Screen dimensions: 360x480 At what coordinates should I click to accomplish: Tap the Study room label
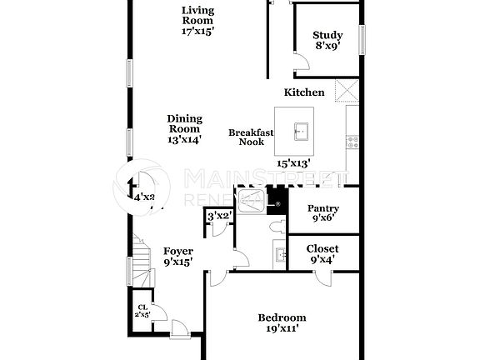tap(327, 41)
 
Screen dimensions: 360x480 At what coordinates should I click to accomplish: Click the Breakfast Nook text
tap(246, 137)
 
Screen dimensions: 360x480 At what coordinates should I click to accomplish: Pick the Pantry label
tap(322, 213)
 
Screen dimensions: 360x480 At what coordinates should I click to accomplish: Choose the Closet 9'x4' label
tap(322, 253)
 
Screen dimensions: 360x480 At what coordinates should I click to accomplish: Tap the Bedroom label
tap(282, 322)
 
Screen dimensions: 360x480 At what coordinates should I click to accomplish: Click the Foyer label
tap(177, 256)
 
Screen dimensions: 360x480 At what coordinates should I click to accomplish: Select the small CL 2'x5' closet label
tap(142, 312)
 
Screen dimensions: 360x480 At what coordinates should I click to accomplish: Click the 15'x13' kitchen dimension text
tap(294, 163)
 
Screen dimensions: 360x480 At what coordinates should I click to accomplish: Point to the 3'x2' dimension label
tap(218, 216)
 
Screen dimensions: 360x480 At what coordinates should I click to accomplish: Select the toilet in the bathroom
tap(277, 226)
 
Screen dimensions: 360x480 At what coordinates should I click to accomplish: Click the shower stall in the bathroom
tap(249, 202)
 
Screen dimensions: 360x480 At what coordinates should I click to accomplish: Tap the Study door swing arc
tap(300, 62)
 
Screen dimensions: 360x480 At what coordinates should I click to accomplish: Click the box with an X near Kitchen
tap(346, 90)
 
